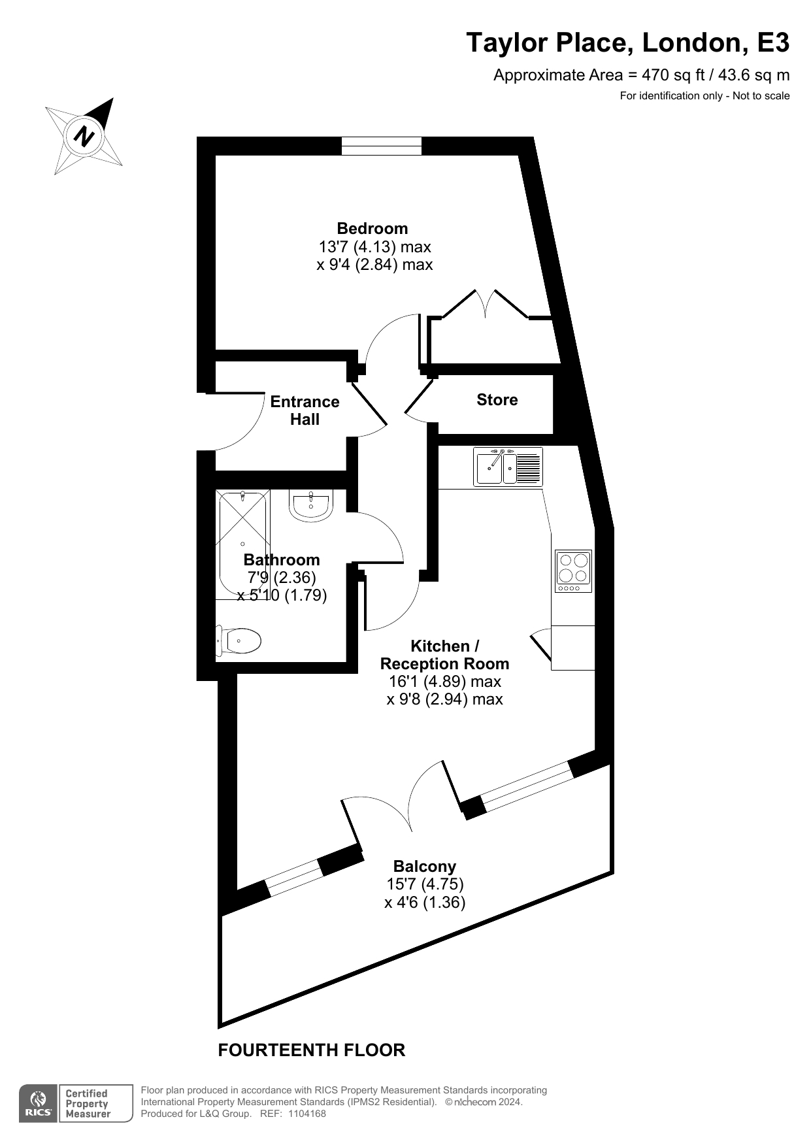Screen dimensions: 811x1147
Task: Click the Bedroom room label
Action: coord(372,229)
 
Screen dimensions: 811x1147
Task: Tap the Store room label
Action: coord(497,400)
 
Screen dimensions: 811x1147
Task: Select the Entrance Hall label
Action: coord(305,410)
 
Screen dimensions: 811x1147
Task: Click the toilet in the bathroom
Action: coord(239,641)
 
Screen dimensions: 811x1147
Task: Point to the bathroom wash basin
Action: coord(311,505)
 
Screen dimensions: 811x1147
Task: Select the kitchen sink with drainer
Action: coord(508,467)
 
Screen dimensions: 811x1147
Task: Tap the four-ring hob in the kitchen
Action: coord(573,571)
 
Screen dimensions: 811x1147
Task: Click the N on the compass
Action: coord(84,137)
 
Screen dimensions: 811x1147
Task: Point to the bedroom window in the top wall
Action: coord(382,146)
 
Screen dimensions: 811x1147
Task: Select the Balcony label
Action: coord(425,867)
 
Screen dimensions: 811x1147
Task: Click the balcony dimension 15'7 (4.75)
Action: coord(425,884)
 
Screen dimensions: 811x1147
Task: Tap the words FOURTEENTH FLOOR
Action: coord(312,1050)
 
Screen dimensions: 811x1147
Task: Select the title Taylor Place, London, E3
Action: coord(627,43)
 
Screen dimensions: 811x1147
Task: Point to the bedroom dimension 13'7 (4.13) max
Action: coord(374,247)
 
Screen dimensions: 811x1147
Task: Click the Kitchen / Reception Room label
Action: coord(444,655)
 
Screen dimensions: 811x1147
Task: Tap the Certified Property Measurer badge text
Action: coord(88,1103)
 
